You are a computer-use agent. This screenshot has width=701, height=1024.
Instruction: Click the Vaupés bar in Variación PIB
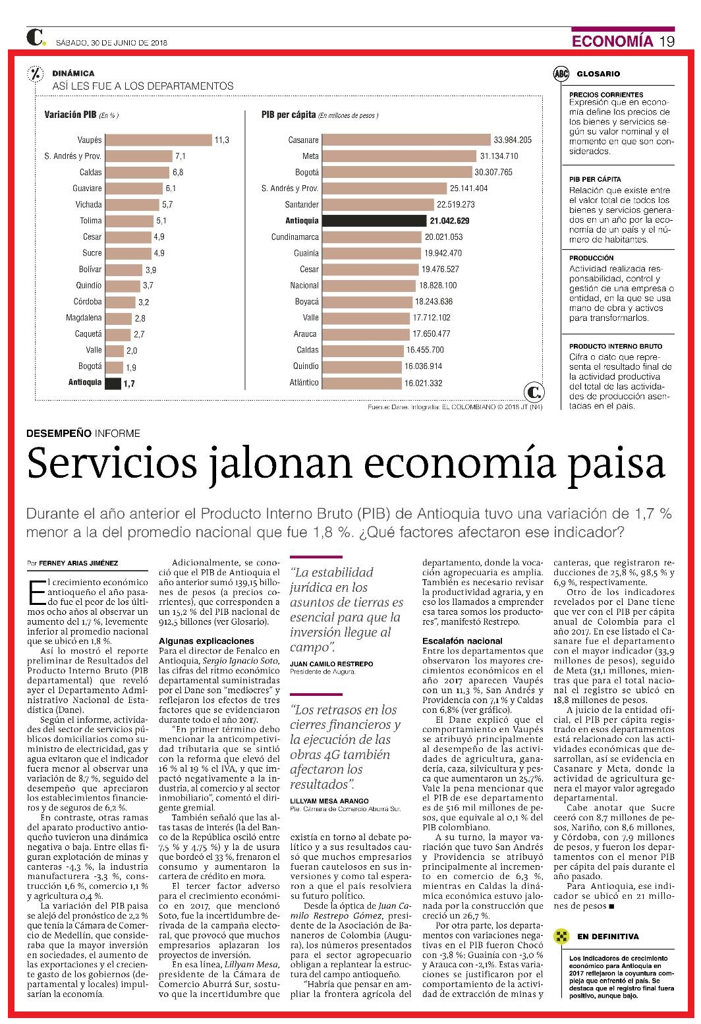(x=159, y=140)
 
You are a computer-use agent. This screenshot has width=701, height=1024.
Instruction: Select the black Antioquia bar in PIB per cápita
(x=374, y=221)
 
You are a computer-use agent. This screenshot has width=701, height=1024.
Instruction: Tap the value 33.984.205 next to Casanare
(x=513, y=140)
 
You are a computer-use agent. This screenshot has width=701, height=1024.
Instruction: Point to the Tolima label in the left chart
(x=91, y=221)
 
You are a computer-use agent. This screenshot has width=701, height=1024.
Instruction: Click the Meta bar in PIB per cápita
(x=399, y=156)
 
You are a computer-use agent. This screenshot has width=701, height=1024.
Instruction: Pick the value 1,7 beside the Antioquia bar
(x=129, y=384)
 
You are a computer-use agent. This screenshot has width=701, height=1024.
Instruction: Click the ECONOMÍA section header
(x=612, y=41)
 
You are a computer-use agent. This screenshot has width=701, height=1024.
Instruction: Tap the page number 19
(x=667, y=41)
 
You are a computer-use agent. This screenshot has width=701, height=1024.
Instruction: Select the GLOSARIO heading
(x=598, y=74)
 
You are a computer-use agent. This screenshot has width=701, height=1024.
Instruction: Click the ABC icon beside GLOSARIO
(x=561, y=74)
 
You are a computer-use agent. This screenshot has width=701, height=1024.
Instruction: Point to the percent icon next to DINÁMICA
(x=36, y=74)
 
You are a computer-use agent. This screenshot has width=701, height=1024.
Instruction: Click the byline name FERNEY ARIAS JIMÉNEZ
(x=78, y=563)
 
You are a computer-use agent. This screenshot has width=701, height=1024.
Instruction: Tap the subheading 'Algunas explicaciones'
(x=206, y=641)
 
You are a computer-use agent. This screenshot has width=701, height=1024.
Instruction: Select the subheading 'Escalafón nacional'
(x=462, y=641)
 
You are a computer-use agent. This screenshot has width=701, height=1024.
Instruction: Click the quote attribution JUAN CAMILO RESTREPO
(x=331, y=664)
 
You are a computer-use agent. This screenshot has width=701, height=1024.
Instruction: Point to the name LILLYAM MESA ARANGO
(x=329, y=801)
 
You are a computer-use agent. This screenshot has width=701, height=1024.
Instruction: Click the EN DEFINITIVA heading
(x=608, y=936)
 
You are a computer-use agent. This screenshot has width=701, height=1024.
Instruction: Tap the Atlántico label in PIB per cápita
(x=304, y=383)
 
